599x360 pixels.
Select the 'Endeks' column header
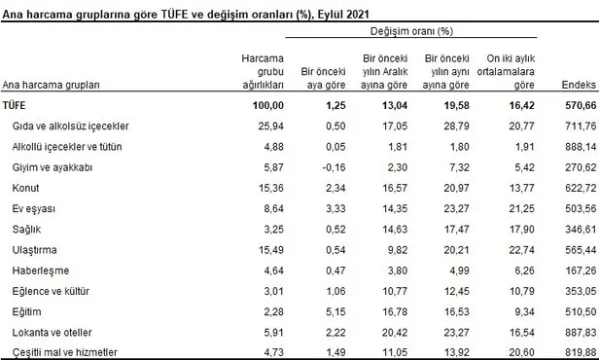tap(578, 86)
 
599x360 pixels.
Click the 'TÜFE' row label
tap(17, 105)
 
